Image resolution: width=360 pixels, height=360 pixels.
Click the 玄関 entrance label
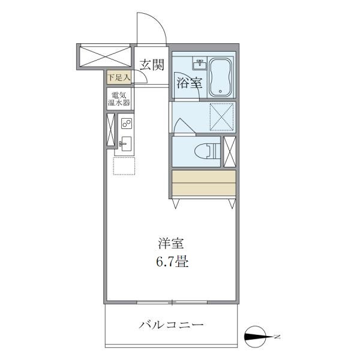(152, 64)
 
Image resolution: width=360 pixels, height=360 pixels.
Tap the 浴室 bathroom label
(189, 83)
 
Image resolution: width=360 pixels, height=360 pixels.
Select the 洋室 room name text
(170, 244)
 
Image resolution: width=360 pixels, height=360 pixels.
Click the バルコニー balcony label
(172, 325)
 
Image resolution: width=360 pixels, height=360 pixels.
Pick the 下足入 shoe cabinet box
(119, 77)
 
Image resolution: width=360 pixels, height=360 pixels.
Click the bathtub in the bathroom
(220, 77)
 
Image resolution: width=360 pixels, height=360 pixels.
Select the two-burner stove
(126, 124)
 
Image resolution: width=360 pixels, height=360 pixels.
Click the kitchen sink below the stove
(126, 143)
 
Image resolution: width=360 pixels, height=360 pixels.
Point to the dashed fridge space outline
(125, 165)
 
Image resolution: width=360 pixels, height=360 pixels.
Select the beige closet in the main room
(203, 184)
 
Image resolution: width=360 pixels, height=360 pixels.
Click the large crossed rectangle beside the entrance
(105, 56)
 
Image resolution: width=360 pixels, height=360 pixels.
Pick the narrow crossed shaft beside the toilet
(229, 152)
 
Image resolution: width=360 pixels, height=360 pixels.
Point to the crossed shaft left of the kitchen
(110, 130)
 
